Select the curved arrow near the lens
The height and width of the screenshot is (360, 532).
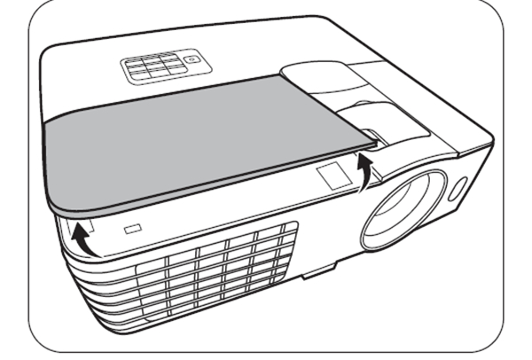363,170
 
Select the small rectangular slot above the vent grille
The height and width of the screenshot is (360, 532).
132,229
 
